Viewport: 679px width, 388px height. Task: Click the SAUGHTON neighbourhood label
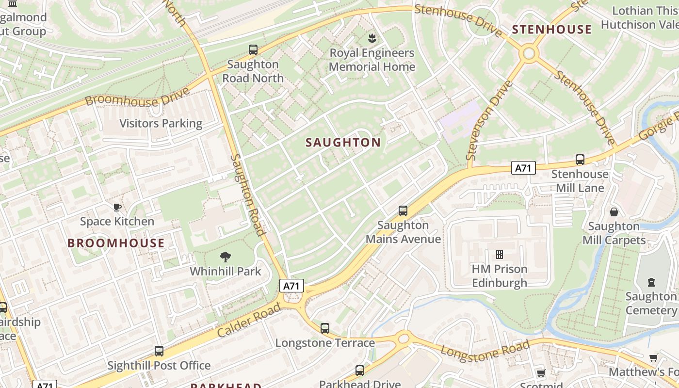[x=343, y=142]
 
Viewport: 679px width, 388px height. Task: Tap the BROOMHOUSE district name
[x=116, y=243]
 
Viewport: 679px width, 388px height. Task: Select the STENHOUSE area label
[x=551, y=30]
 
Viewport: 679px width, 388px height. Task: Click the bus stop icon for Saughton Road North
[x=253, y=49]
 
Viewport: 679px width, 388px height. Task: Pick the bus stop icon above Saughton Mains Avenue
[x=403, y=211]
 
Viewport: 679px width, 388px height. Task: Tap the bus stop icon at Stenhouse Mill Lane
[x=580, y=159]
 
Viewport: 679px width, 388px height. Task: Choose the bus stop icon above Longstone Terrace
[x=325, y=328]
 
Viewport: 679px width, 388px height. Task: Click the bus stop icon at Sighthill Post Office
[x=159, y=351]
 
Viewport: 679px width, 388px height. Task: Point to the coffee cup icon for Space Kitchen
[x=117, y=208]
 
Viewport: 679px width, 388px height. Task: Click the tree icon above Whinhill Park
[x=226, y=257]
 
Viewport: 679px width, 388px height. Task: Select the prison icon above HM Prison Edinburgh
[x=499, y=255]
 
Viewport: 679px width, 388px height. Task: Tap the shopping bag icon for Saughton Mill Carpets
[x=614, y=212]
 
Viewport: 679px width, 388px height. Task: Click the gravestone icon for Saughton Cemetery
[x=651, y=282]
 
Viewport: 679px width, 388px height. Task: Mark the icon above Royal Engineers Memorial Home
[x=372, y=38]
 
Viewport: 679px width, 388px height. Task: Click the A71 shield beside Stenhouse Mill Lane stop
[x=523, y=168]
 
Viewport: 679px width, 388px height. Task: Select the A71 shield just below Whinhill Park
[x=291, y=286]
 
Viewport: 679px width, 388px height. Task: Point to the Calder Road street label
[x=249, y=321]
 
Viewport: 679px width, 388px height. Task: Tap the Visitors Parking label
[x=161, y=123]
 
